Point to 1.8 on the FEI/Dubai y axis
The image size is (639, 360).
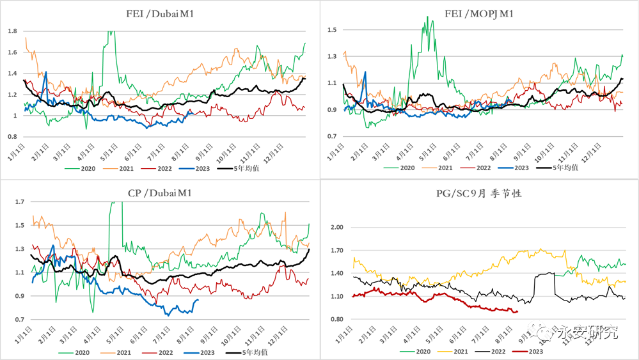tap(12, 31)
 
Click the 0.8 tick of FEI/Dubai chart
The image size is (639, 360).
tap(12, 137)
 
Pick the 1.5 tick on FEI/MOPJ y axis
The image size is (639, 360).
tap(332, 30)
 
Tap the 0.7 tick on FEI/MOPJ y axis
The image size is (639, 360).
tap(332, 137)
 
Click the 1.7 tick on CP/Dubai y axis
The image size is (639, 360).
tap(19, 202)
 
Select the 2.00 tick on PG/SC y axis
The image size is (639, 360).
tap(336, 228)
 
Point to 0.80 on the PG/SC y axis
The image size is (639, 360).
tap(336, 320)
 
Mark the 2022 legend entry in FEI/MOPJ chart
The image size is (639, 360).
tap(483, 168)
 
